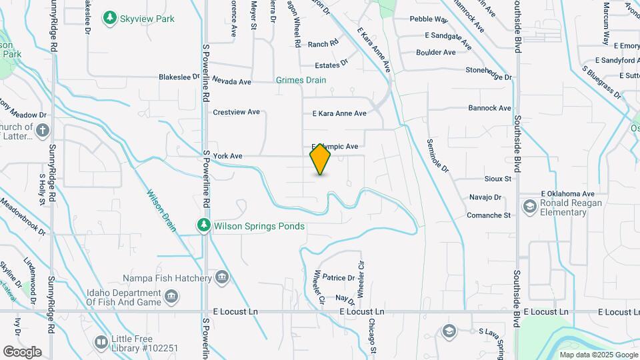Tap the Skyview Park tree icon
[x=109, y=19]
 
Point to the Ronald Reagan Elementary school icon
[x=530, y=207]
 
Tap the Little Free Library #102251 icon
[x=101, y=342]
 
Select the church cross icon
[x=43, y=129]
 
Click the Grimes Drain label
[x=301, y=80]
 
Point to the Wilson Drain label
[x=162, y=209]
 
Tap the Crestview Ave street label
[x=236, y=112]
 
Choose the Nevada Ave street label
[x=231, y=82]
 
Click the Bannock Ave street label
[x=489, y=108]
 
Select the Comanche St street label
[x=488, y=215]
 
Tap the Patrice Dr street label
[x=338, y=277]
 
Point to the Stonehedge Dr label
[x=489, y=73]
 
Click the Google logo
[x=22, y=352]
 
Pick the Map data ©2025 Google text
[x=598, y=355]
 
